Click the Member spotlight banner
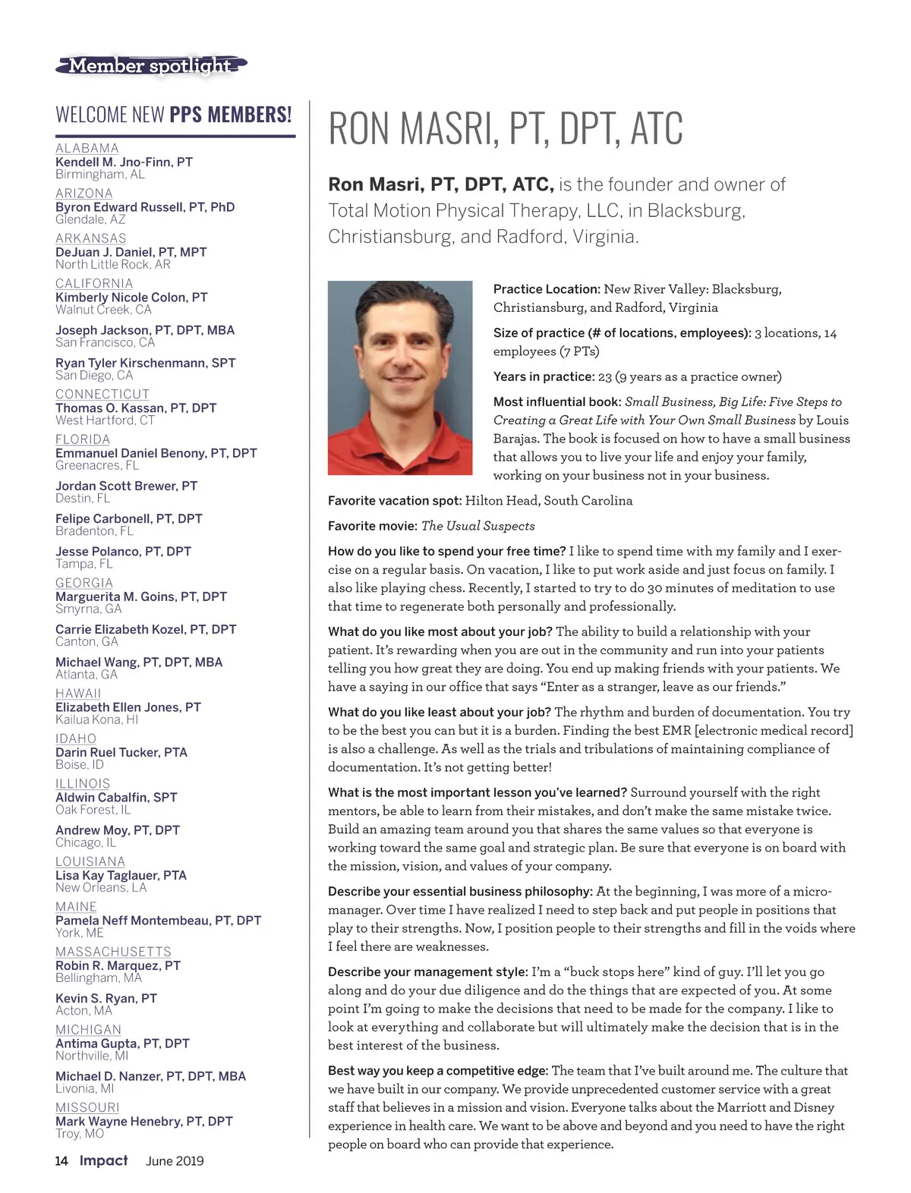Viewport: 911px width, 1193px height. (151, 66)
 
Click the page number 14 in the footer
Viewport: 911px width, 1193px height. (61, 1160)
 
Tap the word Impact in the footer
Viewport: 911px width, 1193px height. (104, 1160)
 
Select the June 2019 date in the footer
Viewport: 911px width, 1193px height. (175, 1161)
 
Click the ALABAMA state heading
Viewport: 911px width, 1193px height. (87, 148)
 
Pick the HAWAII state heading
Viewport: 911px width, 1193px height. (78, 693)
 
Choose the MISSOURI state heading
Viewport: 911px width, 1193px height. (87, 1107)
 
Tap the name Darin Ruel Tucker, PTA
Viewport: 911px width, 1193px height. (121, 752)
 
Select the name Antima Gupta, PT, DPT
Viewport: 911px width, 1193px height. (122, 1043)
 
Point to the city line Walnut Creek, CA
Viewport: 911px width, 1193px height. (103, 310)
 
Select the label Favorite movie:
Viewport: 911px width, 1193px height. (373, 526)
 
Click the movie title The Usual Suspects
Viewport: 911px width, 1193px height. (478, 526)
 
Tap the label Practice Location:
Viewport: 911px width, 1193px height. (547, 289)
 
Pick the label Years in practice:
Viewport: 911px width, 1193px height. (544, 376)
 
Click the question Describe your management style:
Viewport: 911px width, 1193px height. (427, 972)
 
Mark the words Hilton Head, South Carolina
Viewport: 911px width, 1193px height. (549, 501)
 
